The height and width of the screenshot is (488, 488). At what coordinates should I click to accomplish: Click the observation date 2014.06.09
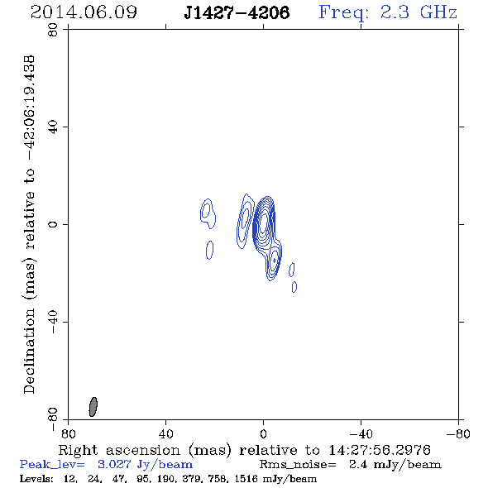point(84,12)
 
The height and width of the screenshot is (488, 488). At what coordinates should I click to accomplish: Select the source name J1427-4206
point(237,12)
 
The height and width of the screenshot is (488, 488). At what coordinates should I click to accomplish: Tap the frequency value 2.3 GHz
point(419,12)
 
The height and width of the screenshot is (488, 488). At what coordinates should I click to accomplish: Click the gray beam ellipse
point(93,407)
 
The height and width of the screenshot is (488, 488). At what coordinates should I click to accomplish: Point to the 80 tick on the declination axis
point(53,30)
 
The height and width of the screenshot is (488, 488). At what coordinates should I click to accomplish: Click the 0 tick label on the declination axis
point(53,224)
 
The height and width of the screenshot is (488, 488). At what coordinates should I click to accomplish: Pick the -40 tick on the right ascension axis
point(361,433)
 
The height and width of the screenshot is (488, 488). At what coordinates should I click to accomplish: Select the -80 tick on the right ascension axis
point(458,433)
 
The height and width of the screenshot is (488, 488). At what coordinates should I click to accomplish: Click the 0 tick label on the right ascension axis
point(263,433)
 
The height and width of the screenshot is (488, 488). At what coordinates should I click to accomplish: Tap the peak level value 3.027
point(114,464)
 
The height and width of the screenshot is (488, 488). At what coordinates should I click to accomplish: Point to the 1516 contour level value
point(246,479)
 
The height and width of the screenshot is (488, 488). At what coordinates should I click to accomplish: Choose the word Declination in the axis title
point(29,351)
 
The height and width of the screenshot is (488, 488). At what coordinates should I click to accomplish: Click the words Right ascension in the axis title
point(119,450)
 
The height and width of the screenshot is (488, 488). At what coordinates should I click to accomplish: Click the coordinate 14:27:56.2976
point(380,450)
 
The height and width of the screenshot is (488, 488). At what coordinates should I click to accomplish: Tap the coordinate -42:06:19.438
point(29,108)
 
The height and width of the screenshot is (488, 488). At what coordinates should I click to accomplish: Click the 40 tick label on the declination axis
point(53,127)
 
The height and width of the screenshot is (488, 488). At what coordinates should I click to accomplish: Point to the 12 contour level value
point(70,479)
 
